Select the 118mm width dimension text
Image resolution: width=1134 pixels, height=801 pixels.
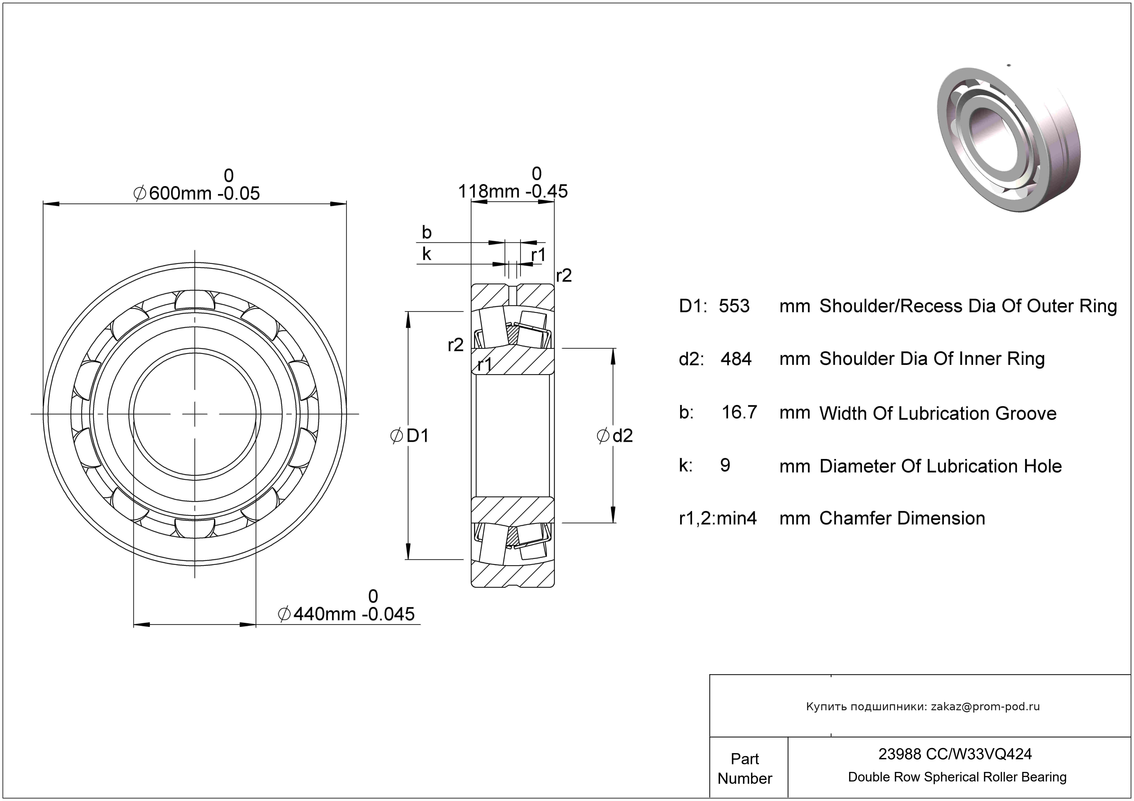(513, 191)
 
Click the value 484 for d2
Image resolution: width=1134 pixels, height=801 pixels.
(736, 359)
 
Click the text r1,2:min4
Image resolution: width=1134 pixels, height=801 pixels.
(718, 518)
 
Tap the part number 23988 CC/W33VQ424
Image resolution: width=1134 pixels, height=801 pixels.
(955, 754)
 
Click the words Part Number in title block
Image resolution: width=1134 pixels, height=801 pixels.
(745, 769)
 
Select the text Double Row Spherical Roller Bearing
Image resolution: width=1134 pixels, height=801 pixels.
(957, 777)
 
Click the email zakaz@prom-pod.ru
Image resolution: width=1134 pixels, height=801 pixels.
(985, 707)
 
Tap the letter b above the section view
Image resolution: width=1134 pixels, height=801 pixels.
(427, 232)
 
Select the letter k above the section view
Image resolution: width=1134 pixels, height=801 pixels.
(427, 254)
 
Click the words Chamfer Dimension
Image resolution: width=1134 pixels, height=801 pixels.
(902, 518)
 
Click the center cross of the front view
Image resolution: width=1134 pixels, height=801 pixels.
(195, 414)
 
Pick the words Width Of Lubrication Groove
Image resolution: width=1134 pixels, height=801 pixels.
(938, 413)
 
